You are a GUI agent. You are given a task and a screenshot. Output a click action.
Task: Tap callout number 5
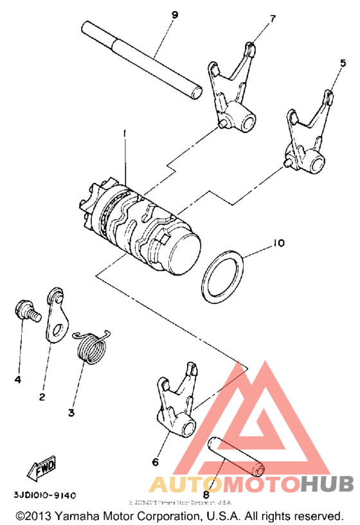334,64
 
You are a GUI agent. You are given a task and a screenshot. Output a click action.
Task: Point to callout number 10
277,244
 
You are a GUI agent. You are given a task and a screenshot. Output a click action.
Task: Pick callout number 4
18,379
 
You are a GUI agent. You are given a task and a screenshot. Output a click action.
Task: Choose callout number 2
42,396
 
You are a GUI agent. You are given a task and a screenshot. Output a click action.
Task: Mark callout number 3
71,412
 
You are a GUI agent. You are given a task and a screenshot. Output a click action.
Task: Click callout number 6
155,461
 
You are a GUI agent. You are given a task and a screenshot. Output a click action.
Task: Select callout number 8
206,494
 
